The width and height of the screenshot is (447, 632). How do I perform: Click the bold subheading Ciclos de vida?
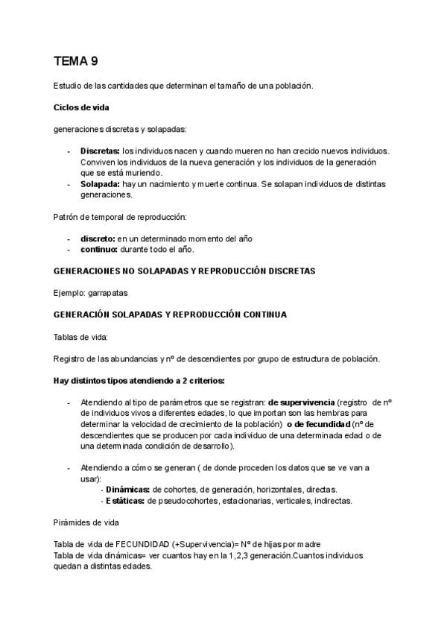point(82,107)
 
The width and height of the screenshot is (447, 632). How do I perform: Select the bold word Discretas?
point(100,151)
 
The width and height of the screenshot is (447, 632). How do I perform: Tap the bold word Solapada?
point(101,183)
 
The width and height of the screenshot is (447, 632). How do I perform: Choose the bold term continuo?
point(99,249)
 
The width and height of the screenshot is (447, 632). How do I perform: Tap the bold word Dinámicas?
point(127,490)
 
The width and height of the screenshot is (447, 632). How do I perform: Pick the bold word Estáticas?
point(124,501)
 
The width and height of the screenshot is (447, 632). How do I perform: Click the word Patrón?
point(68,217)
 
